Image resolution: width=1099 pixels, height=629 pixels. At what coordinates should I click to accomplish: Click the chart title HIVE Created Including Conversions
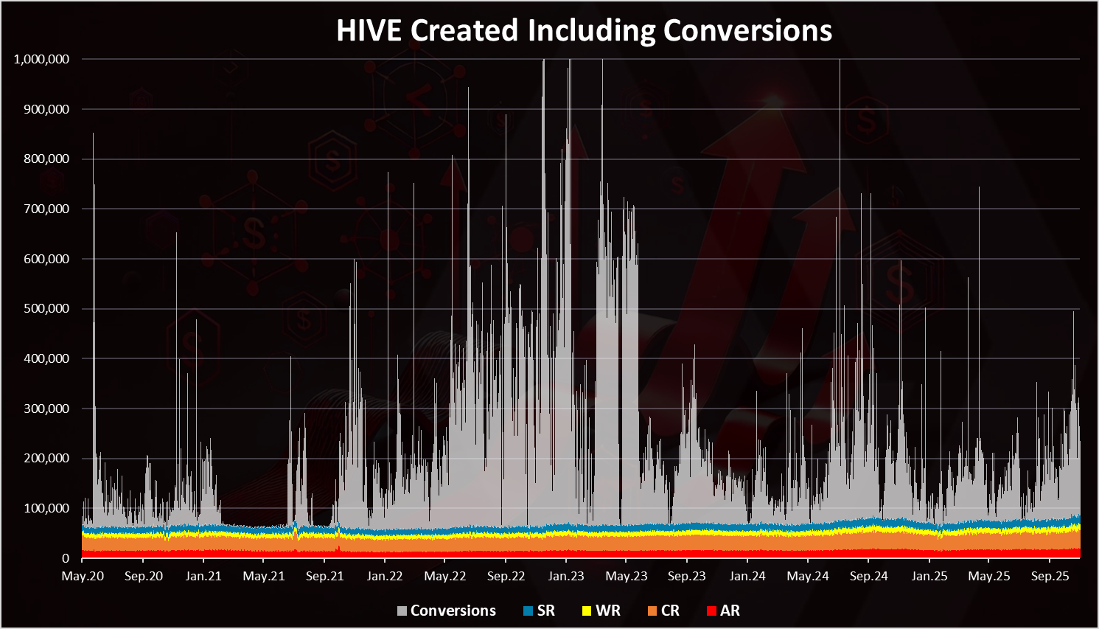click(584, 30)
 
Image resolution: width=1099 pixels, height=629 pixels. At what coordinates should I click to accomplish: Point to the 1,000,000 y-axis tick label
click(41, 59)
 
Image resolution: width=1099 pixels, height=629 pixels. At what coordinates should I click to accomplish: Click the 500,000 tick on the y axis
click(46, 309)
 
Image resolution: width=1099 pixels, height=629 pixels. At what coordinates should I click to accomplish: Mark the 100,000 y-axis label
click(46, 508)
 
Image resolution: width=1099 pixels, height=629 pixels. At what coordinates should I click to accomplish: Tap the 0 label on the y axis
click(66, 558)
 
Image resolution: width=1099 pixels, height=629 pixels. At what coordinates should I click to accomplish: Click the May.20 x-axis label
click(83, 576)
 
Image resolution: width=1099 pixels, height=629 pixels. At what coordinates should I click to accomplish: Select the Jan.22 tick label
click(385, 576)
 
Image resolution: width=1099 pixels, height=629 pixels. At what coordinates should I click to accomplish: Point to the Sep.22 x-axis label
click(506, 576)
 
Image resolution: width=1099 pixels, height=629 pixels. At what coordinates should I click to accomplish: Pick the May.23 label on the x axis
click(627, 576)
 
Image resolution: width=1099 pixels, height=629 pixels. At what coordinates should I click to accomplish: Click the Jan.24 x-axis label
click(747, 576)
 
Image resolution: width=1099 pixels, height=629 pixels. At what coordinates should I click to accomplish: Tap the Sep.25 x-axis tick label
click(1050, 576)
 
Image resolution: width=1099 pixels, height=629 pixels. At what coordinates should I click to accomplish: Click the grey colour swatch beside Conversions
click(402, 611)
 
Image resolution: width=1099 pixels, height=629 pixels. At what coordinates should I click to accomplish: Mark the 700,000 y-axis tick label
click(46, 209)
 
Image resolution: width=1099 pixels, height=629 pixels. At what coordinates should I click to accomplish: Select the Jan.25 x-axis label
click(929, 576)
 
